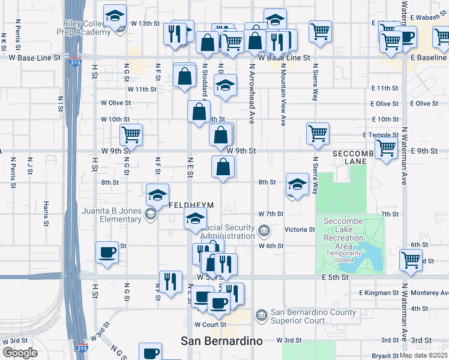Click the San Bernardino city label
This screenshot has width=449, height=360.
[221, 341]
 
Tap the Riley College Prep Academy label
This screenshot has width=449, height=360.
[87, 28]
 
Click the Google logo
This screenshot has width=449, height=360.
[20, 353]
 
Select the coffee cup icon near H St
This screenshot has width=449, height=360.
[107, 253]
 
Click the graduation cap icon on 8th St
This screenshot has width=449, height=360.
[297, 185]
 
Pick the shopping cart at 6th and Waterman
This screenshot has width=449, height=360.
[411, 260]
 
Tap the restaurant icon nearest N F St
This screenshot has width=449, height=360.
[170, 282]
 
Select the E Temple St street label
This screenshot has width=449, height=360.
[381, 136]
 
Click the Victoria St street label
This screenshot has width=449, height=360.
[300, 229]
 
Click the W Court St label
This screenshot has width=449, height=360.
[209, 324]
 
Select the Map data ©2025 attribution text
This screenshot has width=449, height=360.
[424, 355]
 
